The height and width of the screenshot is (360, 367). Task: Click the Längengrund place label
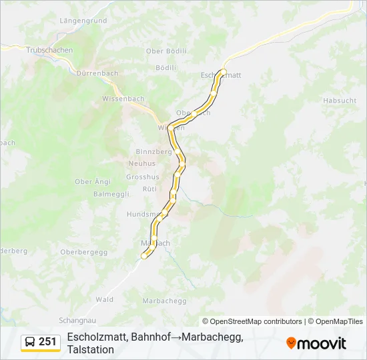pyautogui.click(x=83, y=21)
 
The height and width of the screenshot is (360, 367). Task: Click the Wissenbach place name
pyautogui.click(x=123, y=99)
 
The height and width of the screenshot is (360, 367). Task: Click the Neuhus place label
pyautogui.click(x=141, y=163)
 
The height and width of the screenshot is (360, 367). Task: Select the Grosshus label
pyautogui.click(x=143, y=177)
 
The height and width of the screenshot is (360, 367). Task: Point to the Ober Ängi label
pyautogui.click(x=93, y=181)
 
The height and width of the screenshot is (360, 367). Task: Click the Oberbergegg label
pyautogui.click(x=83, y=251)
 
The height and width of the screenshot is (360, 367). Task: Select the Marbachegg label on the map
pyautogui.click(x=164, y=301)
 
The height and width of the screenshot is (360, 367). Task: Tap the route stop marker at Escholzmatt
pyautogui.click(x=224, y=72)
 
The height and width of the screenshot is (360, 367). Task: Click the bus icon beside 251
pyautogui.click(x=30, y=342)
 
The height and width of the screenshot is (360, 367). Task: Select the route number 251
pyautogui.click(x=48, y=342)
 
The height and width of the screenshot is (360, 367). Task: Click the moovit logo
pyautogui.click(x=316, y=343)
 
